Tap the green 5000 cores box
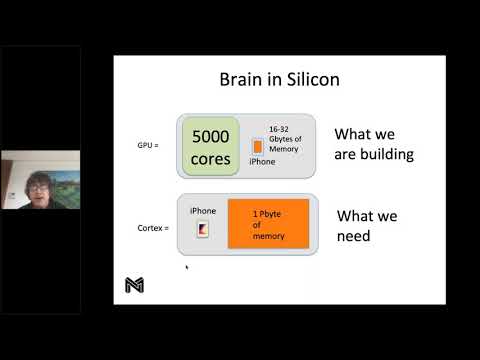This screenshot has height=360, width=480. coord(211,146)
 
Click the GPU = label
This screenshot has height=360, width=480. coord(148,144)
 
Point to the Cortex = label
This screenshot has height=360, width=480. coord(153,228)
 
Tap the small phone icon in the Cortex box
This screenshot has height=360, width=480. coord(202,231)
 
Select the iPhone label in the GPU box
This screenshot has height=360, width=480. coord(262,162)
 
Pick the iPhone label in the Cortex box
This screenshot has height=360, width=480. coord(202,211)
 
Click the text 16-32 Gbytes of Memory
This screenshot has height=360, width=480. coord(284,138)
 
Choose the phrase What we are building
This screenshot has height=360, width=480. coord(373,145)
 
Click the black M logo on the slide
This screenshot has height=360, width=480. coord(134,285)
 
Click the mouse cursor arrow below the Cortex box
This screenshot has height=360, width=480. coord(186,266)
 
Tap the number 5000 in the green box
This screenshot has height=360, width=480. coord(211,135)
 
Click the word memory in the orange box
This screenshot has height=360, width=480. coord(268,236)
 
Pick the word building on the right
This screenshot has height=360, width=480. coord(387,155)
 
